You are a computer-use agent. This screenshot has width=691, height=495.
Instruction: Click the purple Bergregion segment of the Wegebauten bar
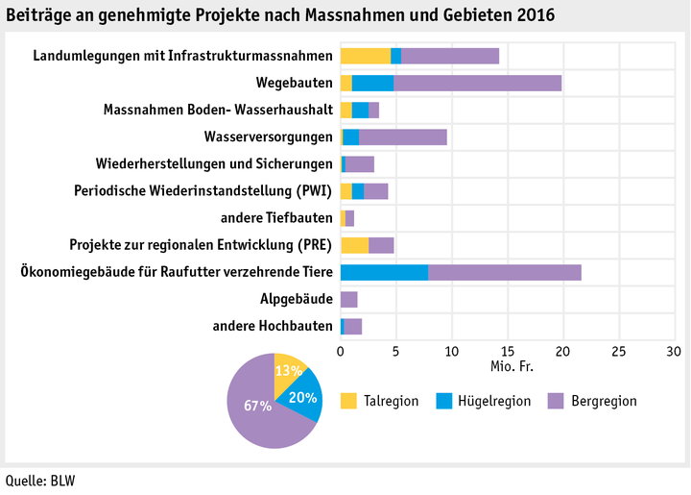click(477, 83)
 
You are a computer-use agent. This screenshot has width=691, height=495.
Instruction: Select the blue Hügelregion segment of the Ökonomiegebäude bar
click(384, 272)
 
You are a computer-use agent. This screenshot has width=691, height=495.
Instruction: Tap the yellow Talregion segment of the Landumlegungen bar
click(365, 56)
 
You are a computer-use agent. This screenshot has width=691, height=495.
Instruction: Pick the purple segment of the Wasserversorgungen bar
click(402, 136)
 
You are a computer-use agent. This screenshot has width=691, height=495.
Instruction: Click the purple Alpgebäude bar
click(348, 299)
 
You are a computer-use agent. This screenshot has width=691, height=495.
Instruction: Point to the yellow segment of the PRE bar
click(354, 245)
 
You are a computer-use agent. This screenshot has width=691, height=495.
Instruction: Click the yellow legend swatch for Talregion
click(348, 400)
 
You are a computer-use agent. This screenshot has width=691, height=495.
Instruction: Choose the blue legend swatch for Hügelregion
click(444, 400)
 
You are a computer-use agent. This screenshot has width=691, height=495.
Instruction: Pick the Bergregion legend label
click(602, 401)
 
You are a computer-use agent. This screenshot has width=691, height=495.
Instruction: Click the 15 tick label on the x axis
click(507, 351)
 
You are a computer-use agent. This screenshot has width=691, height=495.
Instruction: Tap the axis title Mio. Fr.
click(507, 366)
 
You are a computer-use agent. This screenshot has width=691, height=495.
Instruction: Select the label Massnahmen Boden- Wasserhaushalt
click(218, 110)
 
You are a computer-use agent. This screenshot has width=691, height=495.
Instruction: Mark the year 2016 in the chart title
click(535, 16)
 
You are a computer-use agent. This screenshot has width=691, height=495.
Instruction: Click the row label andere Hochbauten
click(273, 326)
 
